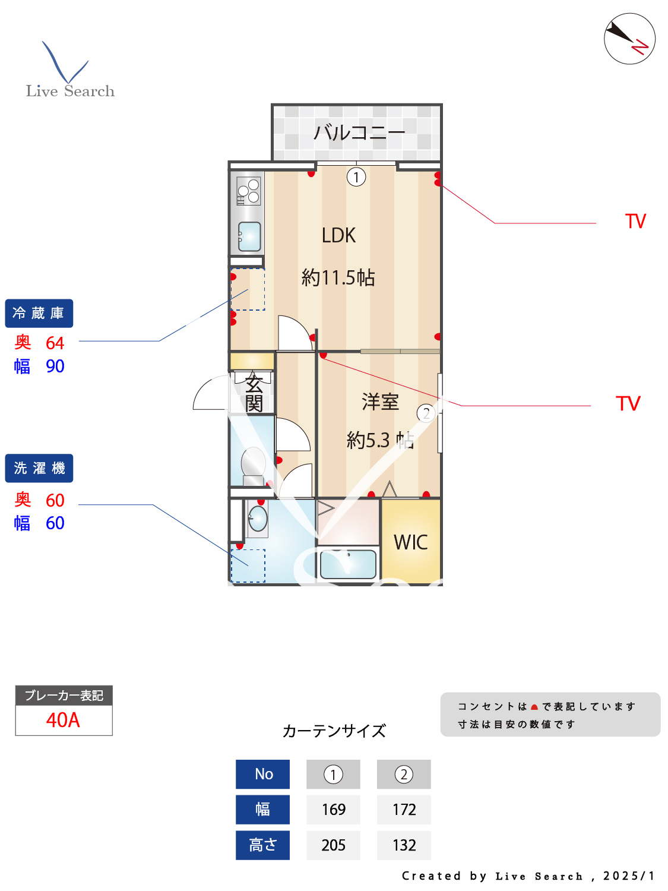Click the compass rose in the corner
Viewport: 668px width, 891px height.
tap(629, 39)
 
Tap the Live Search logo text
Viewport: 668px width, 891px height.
tap(70, 91)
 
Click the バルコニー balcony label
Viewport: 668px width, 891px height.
tap(359, 132)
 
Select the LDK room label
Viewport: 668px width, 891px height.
tap(338, 236)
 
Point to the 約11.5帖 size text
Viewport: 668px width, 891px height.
tap(338, 277)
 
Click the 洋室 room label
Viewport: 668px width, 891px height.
tap(380, 402)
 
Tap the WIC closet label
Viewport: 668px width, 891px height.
tap(410, 542)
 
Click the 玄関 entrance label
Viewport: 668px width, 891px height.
tap(254, 393)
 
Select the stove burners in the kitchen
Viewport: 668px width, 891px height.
tap(248, 191)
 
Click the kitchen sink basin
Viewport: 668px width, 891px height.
tap(249, 236)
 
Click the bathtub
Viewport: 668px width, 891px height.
tap(348, 564)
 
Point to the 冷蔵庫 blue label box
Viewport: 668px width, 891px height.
tap(39, 313)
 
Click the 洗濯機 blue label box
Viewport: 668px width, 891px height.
tap(39, 468)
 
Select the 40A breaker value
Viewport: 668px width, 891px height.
tap(63, 720)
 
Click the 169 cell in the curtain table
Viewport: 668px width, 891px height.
tap(333, 810)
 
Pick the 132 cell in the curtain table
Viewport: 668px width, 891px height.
tap(404, 845)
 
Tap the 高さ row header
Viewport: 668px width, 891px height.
tap(262, 845)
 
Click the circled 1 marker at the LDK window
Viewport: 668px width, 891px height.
tap(356, 177)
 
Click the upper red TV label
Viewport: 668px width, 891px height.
tap(635, 222)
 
